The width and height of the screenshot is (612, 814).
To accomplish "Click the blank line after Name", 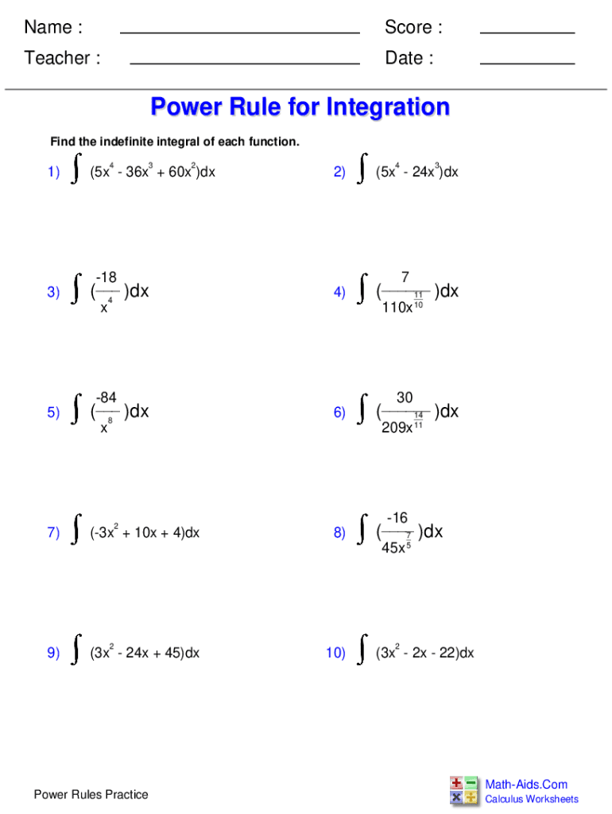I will coord(239,33).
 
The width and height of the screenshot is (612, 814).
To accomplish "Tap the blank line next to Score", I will coord(527,33).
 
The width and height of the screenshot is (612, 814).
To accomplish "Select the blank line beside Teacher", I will coord(244,63).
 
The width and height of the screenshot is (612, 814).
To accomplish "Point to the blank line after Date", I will coord(527,63).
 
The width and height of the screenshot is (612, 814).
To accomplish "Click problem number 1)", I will coord(53,172).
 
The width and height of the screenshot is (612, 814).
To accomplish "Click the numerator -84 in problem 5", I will coord(107,397).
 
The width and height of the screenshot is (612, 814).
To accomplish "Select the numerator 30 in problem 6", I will coord(405,397).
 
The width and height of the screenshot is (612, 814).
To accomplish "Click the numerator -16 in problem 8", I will coord(397,517).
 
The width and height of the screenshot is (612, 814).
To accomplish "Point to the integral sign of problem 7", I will coord(76,529).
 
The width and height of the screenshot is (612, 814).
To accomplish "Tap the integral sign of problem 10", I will coord(362,649).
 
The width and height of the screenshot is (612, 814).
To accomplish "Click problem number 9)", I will coord(53,653).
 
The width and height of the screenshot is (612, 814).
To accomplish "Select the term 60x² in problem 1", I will coord(176,172).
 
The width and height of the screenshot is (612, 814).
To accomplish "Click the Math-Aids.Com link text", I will coord(526,785).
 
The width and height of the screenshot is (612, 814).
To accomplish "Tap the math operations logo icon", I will coord(464,791).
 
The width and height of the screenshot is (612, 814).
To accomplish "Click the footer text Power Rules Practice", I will coord(91,794).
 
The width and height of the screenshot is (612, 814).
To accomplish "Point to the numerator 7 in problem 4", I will coord(405,277).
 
